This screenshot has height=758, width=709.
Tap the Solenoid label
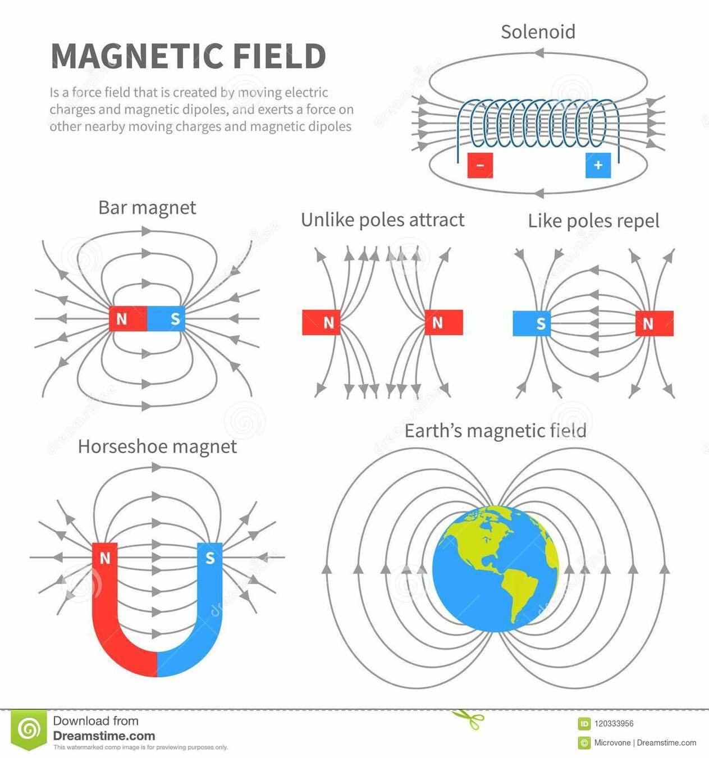click(538, 31)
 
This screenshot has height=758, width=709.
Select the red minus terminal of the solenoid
click(480, 165)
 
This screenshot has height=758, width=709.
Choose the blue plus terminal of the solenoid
click(598, 165)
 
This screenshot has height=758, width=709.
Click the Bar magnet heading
click(147, 208)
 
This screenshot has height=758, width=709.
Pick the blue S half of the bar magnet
click(166, 319)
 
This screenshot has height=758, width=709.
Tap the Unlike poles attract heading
click(382, 220)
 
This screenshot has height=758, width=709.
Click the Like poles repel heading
click(593, 221)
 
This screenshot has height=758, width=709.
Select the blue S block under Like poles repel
click(532, 323)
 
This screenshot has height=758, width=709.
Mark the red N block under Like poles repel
click(654, 323)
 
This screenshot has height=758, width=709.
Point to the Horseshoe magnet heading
click(157, 446)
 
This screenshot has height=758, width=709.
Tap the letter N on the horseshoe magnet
click(104, 558)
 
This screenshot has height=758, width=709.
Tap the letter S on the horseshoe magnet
click(210, 558)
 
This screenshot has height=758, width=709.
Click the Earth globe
click(495, 568)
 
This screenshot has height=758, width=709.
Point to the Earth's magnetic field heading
click(495, 431)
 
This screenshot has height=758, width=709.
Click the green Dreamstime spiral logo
click(29, 729)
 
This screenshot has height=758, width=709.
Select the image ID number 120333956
click(614, 724)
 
